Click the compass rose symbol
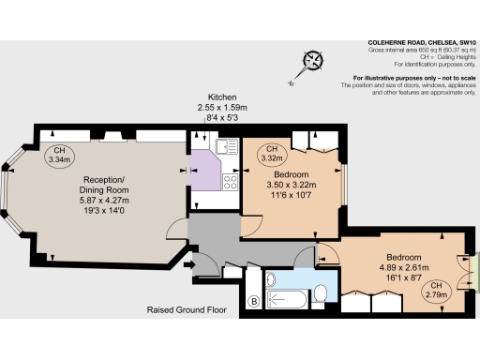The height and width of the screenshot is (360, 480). pyautogui.click(x=311, y=64)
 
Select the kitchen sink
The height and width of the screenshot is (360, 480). pyautogui.click(x=225, y=145)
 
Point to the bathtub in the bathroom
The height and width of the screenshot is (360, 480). pyautogui.click(x=287, y=299)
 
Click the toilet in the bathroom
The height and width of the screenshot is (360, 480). pyautogui.click(x=320, y=294)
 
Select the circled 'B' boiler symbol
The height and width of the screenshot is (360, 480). pyautogui.click(x=253, y=301)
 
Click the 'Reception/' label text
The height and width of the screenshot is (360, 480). pyautogui.click(x=106, y=179)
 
